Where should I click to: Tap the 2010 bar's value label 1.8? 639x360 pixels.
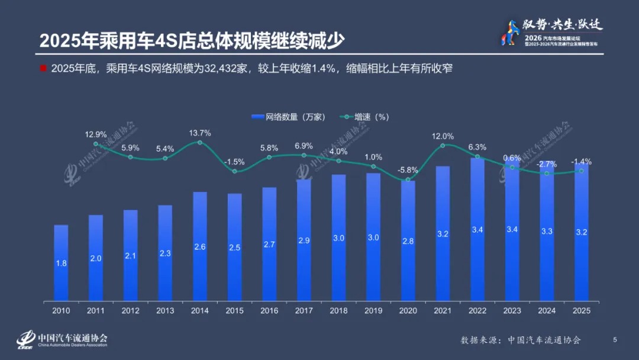(x=61, y=263)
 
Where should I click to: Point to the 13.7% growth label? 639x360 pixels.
(x=200, y=132)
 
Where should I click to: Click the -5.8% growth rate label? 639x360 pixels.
(x=408, y=170)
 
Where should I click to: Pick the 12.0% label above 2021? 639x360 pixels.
(x=443, y=136)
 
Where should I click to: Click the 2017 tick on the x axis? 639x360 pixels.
(x=304, y=310)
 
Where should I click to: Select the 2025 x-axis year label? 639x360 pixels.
(x=582, y=310)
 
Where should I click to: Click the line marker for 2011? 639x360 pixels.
(x=96, y=144)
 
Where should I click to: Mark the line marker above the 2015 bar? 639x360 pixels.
(x=235, y=171)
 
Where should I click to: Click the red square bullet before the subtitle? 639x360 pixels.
(x=43, y=68)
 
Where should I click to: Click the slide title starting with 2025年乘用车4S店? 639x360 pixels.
(x=192, y=40)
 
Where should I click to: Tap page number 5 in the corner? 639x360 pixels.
(x=615, y=339)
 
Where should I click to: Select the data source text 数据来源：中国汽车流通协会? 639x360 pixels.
(x=521, y=340)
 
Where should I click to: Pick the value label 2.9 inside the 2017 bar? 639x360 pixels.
(x=304, y=242)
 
